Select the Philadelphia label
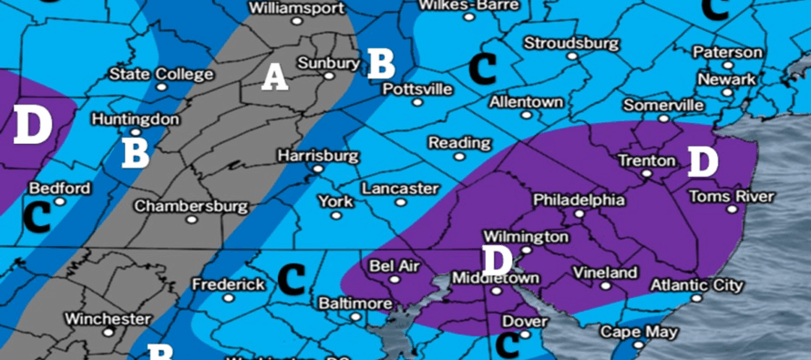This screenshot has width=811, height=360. point(579,200)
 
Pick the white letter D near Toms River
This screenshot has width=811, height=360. point(703,161)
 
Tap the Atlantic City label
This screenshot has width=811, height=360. point(696,285)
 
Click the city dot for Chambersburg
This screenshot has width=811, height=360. point(191,219)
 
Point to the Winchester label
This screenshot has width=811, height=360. point(108,319)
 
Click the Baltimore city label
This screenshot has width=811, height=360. point(355,303)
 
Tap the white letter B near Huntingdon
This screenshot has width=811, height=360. point(136,151)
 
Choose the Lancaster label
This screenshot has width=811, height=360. point(400,189)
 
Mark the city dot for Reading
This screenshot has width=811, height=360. point(459,158)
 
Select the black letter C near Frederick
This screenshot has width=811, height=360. point(291,278)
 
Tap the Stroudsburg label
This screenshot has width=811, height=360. point(571,43)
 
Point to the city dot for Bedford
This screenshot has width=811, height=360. point(60,202)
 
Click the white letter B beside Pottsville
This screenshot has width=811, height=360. point(381,62)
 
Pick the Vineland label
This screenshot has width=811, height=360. point(605,273)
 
